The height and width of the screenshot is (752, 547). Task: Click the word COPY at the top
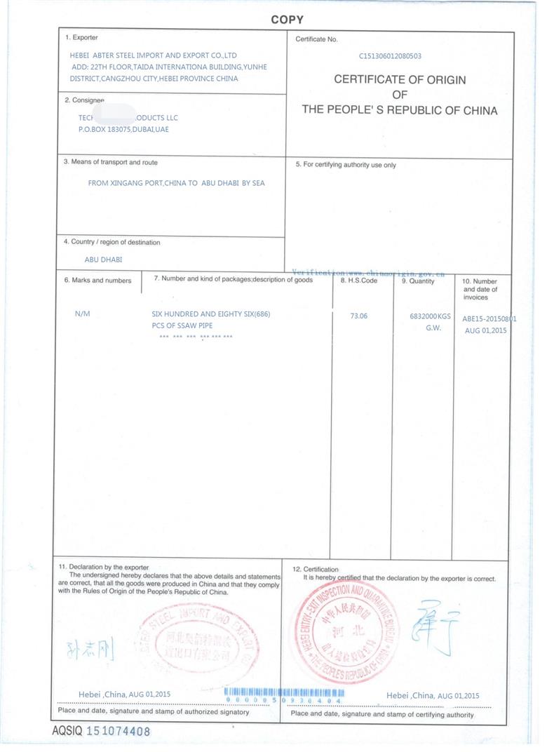[x=287, y=20]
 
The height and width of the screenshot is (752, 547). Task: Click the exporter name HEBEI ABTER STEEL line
[x=154, y=55]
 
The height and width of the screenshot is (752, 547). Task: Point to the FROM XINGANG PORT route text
[x=176, y=183]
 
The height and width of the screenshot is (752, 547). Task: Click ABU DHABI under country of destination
[x=103, y=260]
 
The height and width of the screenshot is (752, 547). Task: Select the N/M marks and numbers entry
[x=82, y=314]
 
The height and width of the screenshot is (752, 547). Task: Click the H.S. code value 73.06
[x=358, y=316]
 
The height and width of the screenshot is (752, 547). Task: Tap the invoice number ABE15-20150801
[x=489, y=318]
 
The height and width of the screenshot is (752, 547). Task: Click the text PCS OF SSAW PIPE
[x=182, y=325]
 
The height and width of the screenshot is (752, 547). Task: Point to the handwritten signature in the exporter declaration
[x=88, y=648]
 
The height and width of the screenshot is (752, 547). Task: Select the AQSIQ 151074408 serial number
[x=102, y=731]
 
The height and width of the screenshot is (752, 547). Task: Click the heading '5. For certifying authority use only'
[x=346, y=166]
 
